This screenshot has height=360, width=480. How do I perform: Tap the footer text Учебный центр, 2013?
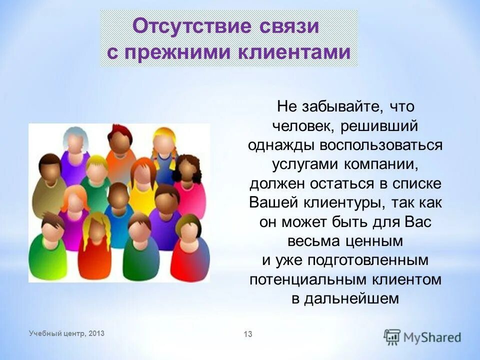(x=67, y=333)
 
